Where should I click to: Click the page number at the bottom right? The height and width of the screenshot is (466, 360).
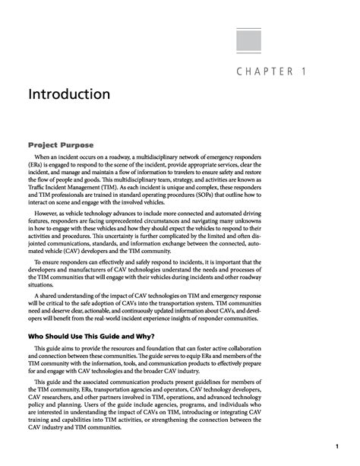tap(335, 445)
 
